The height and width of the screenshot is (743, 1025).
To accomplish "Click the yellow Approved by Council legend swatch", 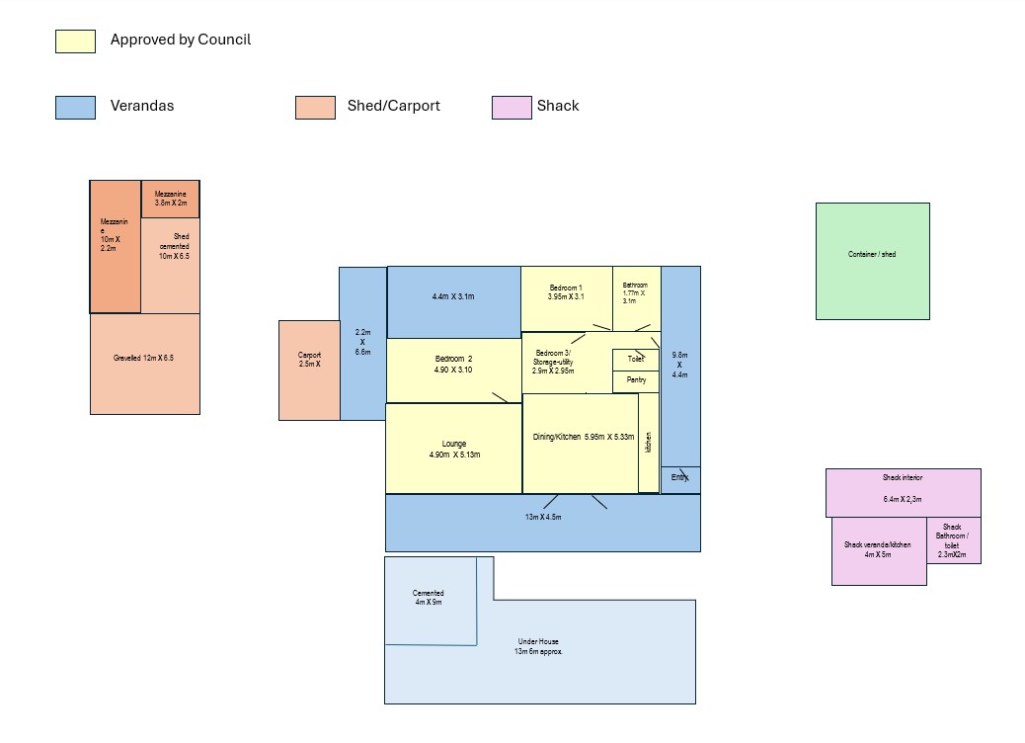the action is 75,41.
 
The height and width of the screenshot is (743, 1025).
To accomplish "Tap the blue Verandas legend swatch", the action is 75,108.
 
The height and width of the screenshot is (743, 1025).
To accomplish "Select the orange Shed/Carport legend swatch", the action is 315,108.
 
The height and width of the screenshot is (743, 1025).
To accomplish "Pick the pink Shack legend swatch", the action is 512,108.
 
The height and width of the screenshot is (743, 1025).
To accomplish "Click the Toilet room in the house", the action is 635,361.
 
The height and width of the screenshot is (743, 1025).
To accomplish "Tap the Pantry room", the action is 635,382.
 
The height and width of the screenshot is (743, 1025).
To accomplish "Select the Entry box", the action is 680,479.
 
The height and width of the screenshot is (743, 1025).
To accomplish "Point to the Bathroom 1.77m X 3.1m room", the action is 637,299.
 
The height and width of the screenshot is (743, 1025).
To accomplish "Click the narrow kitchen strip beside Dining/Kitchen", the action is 649,443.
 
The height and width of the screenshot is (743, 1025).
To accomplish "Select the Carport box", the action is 309,371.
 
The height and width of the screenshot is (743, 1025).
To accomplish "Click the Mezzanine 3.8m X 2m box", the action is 171,199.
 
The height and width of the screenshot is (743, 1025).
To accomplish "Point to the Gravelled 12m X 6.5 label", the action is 143,358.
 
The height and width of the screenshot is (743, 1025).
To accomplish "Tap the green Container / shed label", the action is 872,254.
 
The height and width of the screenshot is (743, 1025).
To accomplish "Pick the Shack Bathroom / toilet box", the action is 954,540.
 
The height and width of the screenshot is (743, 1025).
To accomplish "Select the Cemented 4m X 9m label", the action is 429,597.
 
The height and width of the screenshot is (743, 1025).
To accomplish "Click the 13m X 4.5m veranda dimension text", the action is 542,517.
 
